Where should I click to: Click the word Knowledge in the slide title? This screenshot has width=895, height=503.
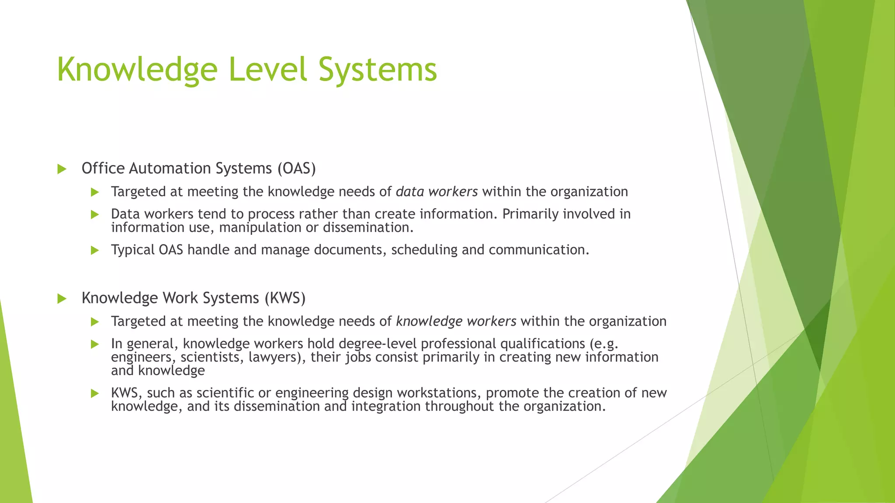(137, 70)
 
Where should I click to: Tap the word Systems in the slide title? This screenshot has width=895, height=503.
(378, 70)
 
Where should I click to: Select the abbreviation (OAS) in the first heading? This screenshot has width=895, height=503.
(296, 169)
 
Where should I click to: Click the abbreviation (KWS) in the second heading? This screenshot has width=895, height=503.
(285, 298)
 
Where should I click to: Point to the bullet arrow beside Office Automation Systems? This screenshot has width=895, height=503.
(62, 169)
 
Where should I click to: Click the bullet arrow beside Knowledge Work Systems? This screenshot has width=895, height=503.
(62, 299)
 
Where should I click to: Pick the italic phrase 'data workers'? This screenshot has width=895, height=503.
(437, 192)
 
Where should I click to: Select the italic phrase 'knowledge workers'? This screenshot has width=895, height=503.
(456, 321)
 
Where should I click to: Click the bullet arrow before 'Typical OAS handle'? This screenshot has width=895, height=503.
(95, 250)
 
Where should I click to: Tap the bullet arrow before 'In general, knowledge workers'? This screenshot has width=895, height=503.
(95, 344)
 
